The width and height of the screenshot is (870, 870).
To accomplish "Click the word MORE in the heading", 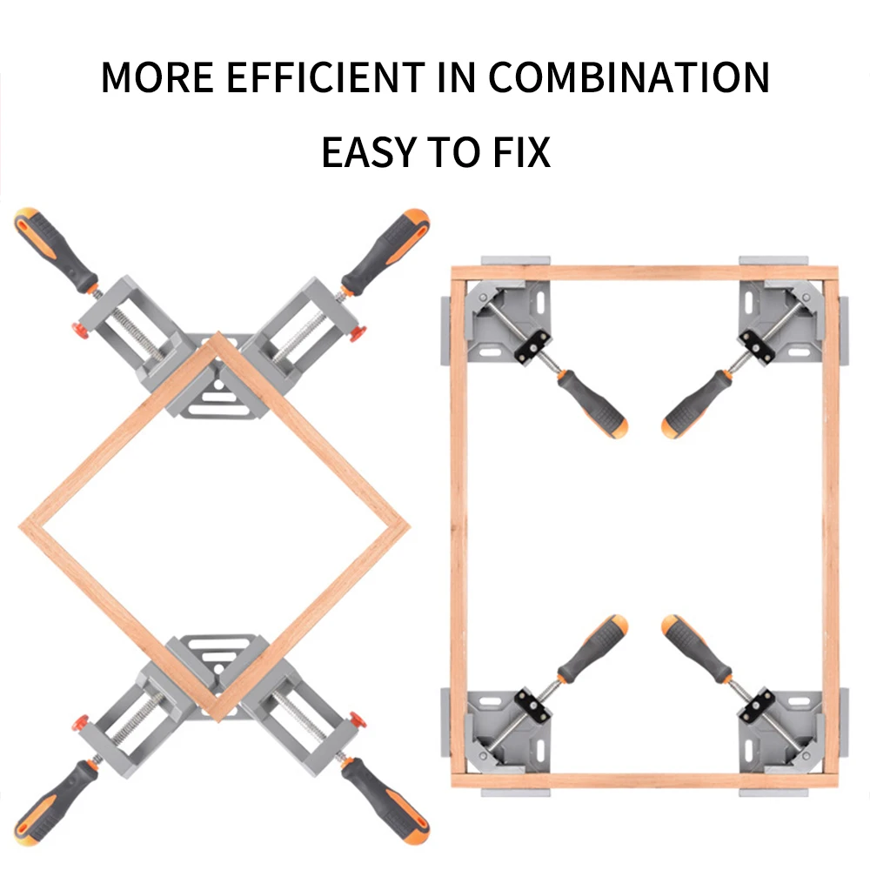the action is pos(157,77).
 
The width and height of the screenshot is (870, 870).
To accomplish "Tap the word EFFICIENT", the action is pos(325,77).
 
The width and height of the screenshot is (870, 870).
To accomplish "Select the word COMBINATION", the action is pos(629,77).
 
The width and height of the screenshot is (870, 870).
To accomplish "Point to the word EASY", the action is pos(369,152).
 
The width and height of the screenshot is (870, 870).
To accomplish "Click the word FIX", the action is pos(521,152).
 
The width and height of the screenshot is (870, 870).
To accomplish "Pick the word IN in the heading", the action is pos(456,77).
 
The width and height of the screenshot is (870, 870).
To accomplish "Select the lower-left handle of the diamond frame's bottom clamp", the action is pos(56,802).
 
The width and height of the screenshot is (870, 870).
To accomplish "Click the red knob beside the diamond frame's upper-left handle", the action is pos(81,331).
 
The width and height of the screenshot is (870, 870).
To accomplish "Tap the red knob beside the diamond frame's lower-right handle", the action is pos(358,719).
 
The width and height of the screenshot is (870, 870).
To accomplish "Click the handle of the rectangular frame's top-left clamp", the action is pos(592,404).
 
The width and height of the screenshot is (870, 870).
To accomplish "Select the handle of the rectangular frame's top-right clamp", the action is pos(698,404).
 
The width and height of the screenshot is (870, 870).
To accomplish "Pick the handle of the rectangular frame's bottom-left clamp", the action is pos(592,649).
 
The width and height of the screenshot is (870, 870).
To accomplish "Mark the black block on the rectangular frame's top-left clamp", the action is pos(532,347).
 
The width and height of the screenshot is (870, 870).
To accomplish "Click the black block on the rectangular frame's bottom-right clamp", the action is pos(757,706).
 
